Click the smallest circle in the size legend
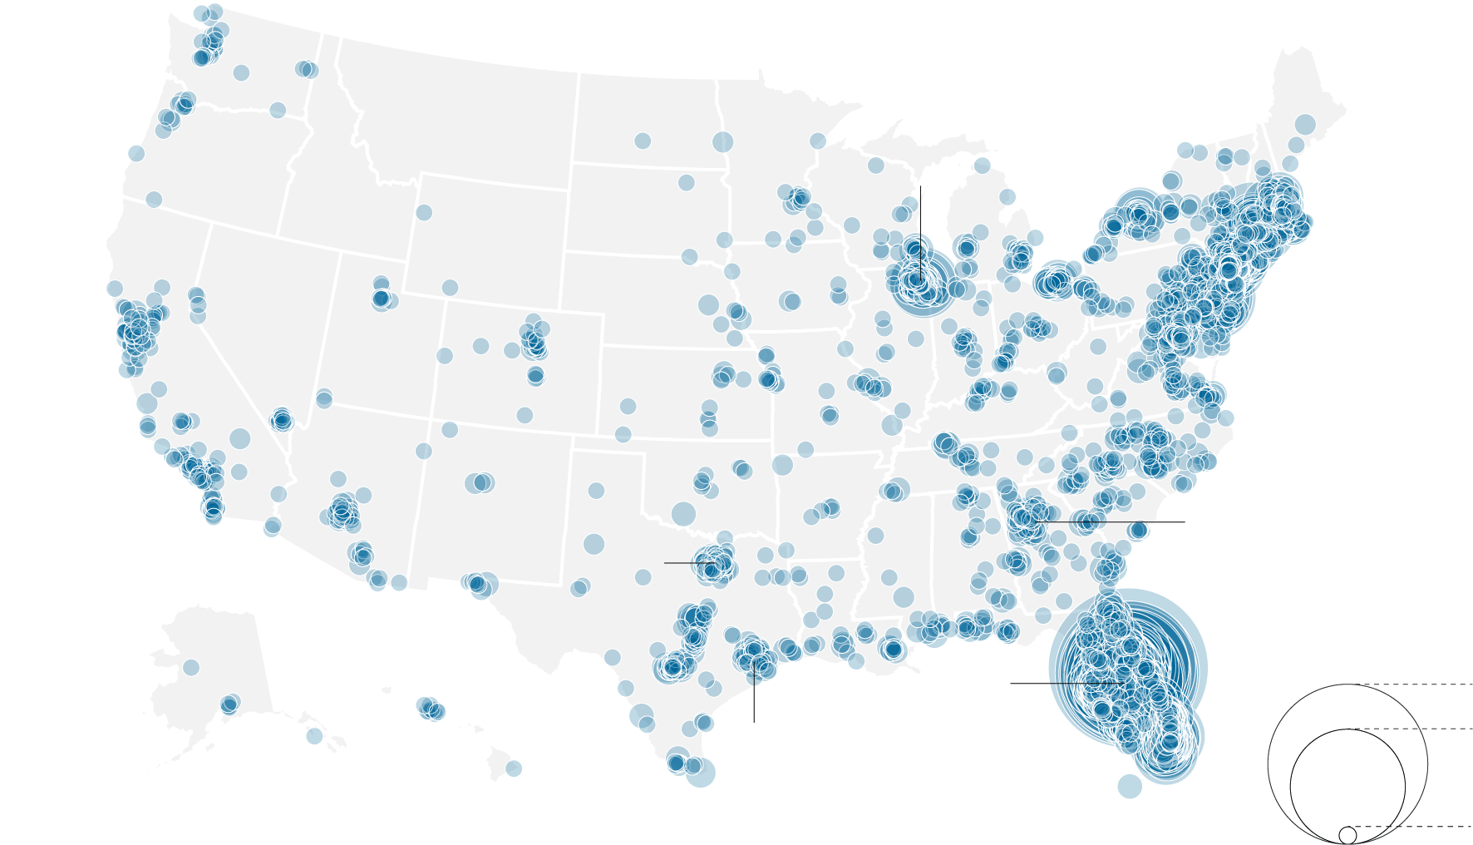[1347, 834]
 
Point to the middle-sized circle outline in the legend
[1291, 782]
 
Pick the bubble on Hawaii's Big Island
[514, 768]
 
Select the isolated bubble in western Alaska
[190, 667]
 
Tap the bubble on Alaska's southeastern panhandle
[313, 735]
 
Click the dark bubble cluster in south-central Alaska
[229, 704]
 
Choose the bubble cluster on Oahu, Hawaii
[430, 709]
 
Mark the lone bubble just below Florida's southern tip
[1129, 786]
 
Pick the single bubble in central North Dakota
[642, 141]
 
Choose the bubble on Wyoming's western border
[423, 212]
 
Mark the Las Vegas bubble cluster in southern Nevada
[282, 420]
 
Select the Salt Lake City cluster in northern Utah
[381, 297]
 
